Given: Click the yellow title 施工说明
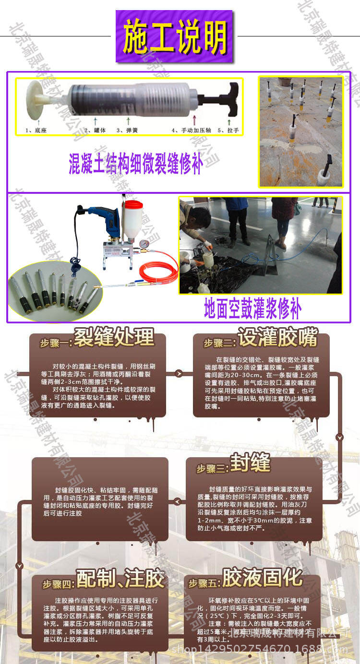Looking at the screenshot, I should pyautogui.click(x=175, y=37).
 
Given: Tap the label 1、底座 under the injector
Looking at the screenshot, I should pyautogui.click(x=36, y=130).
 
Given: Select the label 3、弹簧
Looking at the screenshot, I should pyautogui.click(x=127, y=130).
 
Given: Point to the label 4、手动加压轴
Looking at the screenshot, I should pyautogui.click(x=191, y=130).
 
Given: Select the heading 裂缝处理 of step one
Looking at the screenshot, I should pyautogui.click(x=114, y=338).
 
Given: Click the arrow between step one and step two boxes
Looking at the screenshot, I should pyautogui.click(x=179, y=373).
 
